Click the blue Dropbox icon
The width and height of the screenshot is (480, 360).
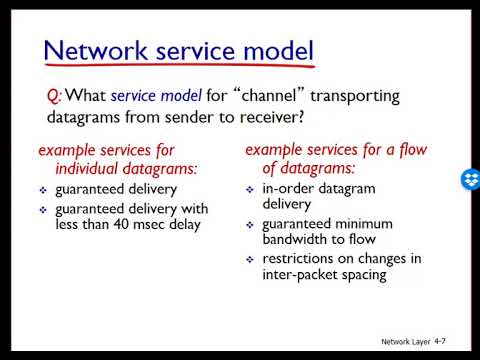tap(469, 181)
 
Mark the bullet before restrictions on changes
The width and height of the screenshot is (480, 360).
tap(251, 259)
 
